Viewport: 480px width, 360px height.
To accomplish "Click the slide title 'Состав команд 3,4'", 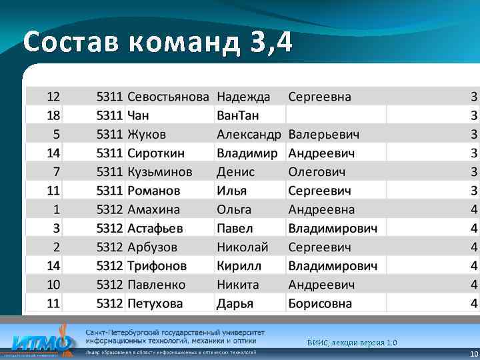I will coord(157,43).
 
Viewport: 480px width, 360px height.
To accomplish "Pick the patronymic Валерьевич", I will coord(323,134).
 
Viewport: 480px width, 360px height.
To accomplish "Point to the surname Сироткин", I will coord(157,153).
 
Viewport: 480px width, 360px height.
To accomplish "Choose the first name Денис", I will coord(235,172).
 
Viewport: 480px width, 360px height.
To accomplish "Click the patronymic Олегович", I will coord(317,172).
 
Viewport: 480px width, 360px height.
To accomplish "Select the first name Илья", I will coord(231,191).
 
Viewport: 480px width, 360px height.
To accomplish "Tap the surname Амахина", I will coord(153,209).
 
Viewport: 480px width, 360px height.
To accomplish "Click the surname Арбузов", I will coord(152,247).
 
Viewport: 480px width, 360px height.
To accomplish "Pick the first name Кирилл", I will coord(239,265).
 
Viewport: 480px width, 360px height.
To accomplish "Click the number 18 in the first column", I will coord(53,115).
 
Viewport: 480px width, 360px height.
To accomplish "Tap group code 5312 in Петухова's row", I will coord(109,303).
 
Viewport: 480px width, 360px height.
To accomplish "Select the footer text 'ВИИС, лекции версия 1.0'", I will coord(352,343).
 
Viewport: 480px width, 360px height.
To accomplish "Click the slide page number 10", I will coord(473,354).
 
